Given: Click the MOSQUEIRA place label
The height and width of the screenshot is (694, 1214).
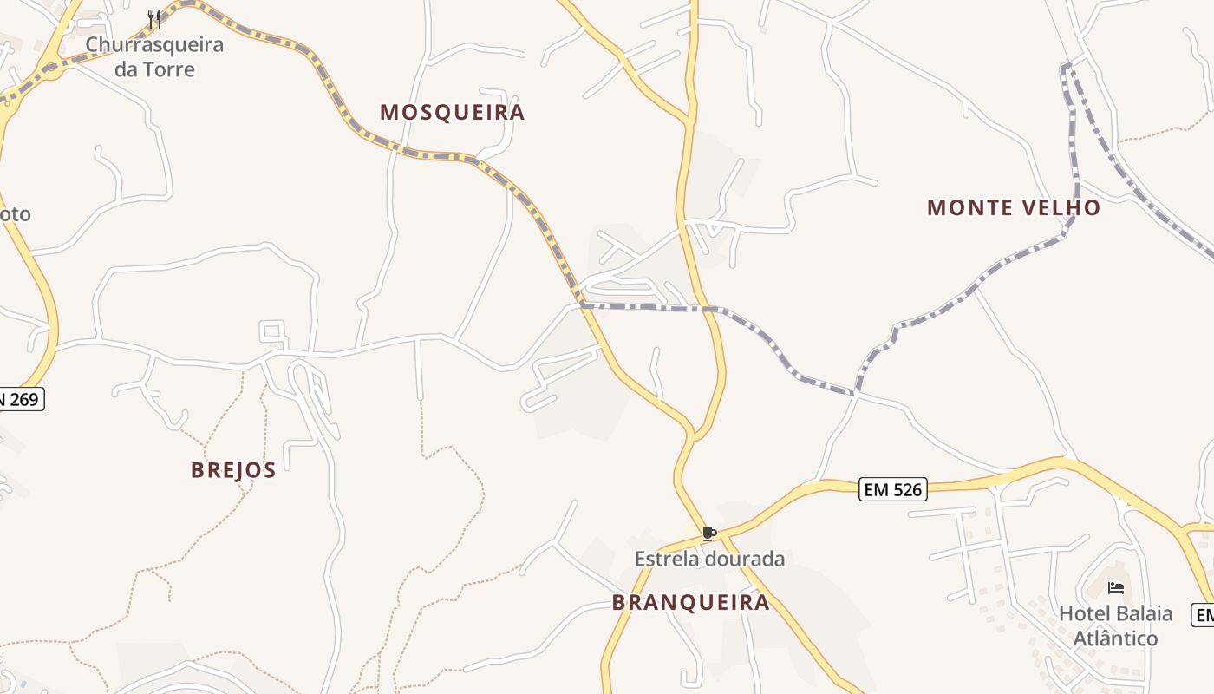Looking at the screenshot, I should (x=452, y=112).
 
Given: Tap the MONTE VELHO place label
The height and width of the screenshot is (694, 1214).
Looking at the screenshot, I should (x=1013, y=207).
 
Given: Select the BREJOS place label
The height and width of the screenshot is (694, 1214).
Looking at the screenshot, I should (x=233, y=470).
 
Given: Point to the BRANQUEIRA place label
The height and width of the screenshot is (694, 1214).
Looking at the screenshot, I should (x=690, y=602).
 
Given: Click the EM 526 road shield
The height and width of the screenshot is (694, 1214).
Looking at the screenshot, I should (x=894, y=489).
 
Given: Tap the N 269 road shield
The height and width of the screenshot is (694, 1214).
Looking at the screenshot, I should (x=19, y=399).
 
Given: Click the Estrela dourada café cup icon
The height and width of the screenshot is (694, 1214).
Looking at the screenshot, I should (x=708, y=534).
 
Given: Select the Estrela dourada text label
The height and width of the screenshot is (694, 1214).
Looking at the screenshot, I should (x=709, y=559).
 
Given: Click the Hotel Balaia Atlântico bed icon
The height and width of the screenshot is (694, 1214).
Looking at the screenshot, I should (x=1116, y=588).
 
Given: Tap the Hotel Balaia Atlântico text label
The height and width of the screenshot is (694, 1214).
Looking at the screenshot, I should (x=1115, y=625).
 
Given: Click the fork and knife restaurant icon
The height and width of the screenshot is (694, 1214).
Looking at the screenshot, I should (x=154, y=18).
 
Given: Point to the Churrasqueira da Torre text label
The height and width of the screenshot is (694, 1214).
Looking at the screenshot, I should (x=154, y=56).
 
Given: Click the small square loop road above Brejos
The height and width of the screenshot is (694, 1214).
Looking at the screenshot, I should (x=272, y=331).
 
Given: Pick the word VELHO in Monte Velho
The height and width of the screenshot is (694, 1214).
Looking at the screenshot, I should (x=1061, y=207).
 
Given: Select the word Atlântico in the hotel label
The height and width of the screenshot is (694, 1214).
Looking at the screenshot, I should (x=1115, y=638).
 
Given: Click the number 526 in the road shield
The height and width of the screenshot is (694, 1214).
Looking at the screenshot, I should (x=906, y=489).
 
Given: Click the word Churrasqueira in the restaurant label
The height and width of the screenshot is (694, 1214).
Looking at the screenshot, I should (x=154, y=44).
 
